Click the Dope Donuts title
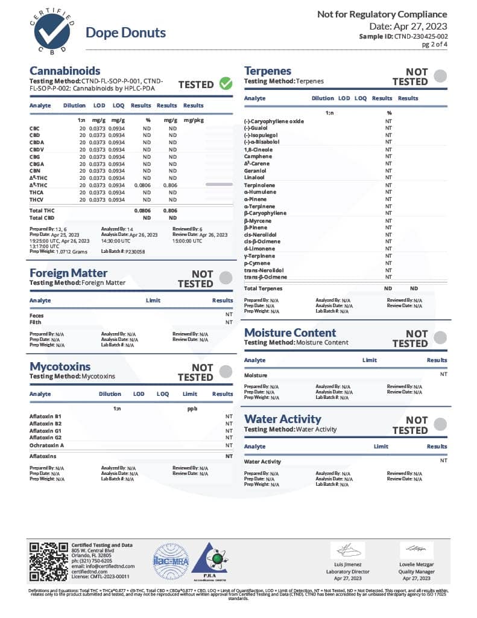[125, 33]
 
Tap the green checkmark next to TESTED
[226, 84]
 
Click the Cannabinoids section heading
[65, 71]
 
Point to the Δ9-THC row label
[38, 185]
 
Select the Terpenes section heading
[268, 71]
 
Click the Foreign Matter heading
[69, 273]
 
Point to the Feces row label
[36, 315]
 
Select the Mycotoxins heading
[60, 366]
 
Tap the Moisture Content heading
[290, 333]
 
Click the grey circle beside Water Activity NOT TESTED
[441, 424]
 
